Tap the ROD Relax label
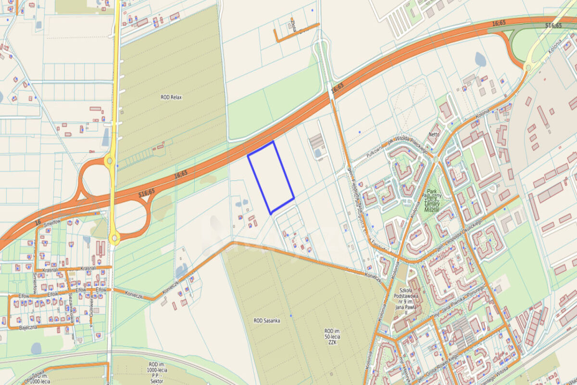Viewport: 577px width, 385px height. point(171,97)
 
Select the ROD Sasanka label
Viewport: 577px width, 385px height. point(267,320)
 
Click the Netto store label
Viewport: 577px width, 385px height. point(434,134)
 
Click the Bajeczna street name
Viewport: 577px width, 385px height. point(28,327)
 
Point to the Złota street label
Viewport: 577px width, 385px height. point(293,25)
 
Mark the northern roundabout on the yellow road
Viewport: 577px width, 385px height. point(110,161)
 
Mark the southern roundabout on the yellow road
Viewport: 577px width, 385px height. point(114,237)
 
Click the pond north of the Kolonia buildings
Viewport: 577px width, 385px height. point(480,59)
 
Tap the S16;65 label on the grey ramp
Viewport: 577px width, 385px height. point(553,26)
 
